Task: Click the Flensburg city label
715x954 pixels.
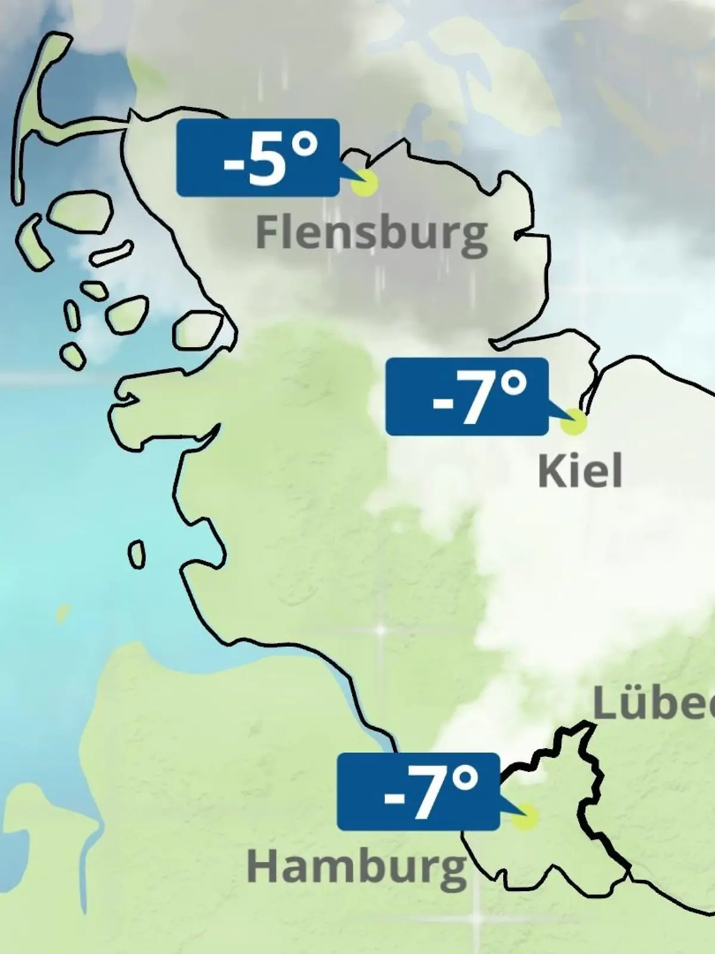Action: [x=371, y=234]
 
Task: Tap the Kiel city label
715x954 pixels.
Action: [x=580, y=471]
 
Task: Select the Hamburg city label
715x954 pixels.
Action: [x=356, y=868]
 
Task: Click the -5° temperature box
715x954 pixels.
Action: [x=257, y=157]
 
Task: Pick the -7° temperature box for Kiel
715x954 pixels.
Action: [x=467, y=396]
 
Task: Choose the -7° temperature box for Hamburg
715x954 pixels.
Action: [x=418, y=791]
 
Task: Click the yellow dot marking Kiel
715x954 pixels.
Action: [x=574, y=422]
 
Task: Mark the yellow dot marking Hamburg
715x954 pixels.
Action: [x=525, y=816]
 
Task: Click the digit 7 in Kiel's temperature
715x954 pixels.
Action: [x=474, y=398]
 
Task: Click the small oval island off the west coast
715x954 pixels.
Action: [x=136, y=555]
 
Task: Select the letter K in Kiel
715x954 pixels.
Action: [x=552, y=471]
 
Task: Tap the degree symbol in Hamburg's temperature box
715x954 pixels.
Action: [x=465, y=779]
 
